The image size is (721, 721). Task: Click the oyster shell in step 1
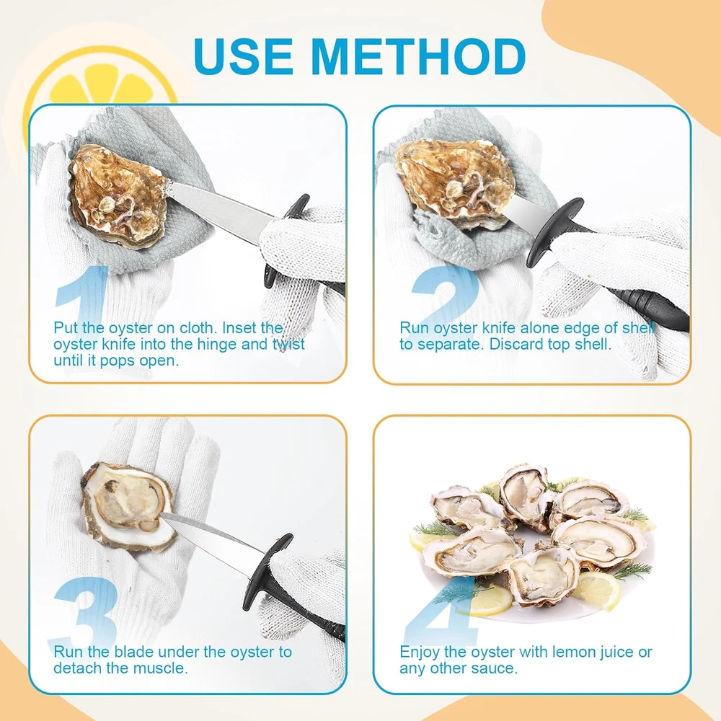[118, 195]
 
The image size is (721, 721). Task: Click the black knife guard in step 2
[554, 232]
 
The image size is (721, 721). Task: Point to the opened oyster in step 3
[129, 507]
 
